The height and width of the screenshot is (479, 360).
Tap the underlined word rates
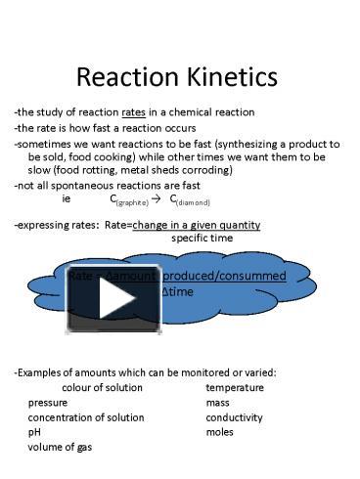pyautogui.click(x=134, y=112)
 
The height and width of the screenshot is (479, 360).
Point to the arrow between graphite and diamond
pyautogui.click(x=157, y=198)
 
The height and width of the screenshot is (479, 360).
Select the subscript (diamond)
pyautogui.click(x=192, y=202)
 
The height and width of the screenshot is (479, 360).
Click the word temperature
pyautogui.click(x=234, y=387)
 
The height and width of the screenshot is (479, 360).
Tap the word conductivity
pyautogui.click(x=234, y=416)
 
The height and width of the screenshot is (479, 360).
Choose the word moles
pyautogui.click(x=220, y=431)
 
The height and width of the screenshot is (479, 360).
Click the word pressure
pyautogui.click(x=48, y=402)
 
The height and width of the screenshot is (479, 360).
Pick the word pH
pyautogui.click(x=34, y=431)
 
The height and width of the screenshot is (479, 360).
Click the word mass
pyautogui.click(x=217, y=402)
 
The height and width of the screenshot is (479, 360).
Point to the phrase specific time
pyautogui.click(x=202, y=238)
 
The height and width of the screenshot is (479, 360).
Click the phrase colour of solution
pyautogui.click(x=95, y=387)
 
